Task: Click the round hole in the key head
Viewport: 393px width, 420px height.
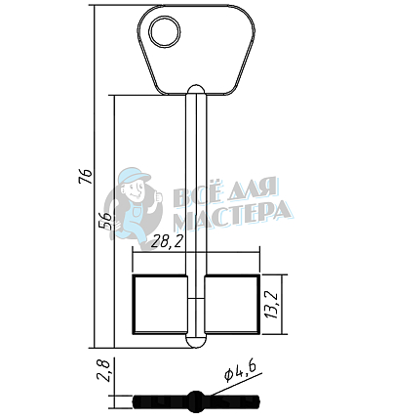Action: pyautogui.click(x=165, y=32)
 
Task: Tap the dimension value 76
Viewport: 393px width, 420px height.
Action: pyautogui.click(x=85, y=176)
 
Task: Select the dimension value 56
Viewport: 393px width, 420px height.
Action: pyautogui.click(x=106, y=221)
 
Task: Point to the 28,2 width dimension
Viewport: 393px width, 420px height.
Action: pyautogui.click(x=168, y=241)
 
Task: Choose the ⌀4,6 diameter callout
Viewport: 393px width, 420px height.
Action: pyautogui.click(x=240, y=371)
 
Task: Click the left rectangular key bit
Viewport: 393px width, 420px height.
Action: pyautogui.click(x=160, y=305)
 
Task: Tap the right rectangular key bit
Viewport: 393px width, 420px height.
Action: pyautogui.click(x=232, y=305)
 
